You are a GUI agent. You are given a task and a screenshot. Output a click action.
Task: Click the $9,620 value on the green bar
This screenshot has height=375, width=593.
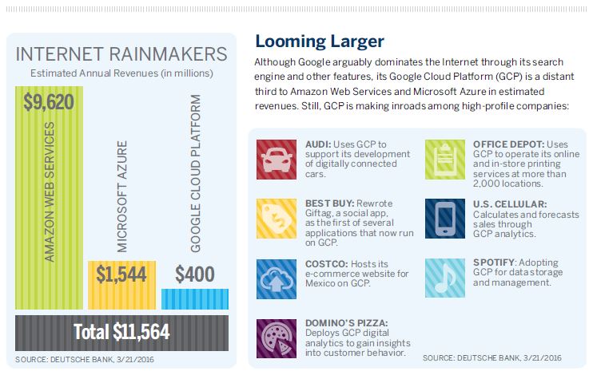48,101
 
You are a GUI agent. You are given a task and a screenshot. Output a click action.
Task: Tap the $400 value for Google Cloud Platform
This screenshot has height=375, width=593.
194,274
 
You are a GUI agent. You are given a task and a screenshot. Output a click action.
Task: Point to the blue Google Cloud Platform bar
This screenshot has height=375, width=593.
194,298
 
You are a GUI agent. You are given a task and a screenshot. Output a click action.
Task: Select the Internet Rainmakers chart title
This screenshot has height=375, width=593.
121,55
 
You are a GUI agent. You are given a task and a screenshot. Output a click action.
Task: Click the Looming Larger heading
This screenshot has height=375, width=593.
319,40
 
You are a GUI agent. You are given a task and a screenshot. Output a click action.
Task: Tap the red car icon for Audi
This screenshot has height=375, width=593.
276,158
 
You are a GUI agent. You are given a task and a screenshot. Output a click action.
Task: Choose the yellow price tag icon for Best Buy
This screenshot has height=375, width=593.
276,218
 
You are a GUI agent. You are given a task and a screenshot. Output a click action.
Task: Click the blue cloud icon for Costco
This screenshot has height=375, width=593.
276,278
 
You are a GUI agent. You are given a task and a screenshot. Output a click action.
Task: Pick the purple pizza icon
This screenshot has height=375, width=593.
276,337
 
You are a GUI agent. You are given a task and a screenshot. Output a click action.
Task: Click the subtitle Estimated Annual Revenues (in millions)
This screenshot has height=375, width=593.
121,74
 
